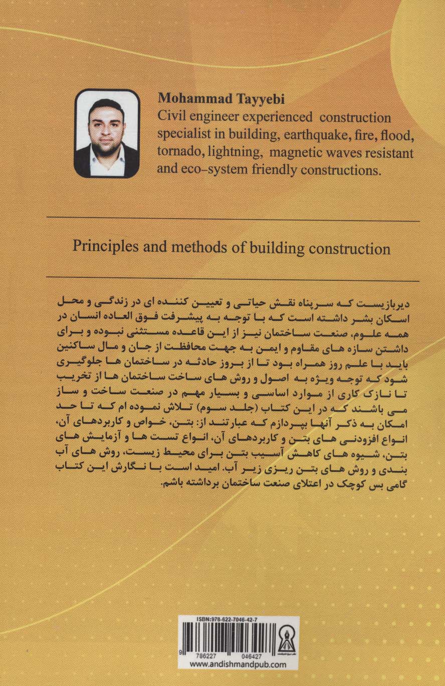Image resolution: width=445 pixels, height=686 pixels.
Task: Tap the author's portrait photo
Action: click(x=107, y=133)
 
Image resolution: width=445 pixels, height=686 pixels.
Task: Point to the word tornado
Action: click(x=178, y=152)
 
